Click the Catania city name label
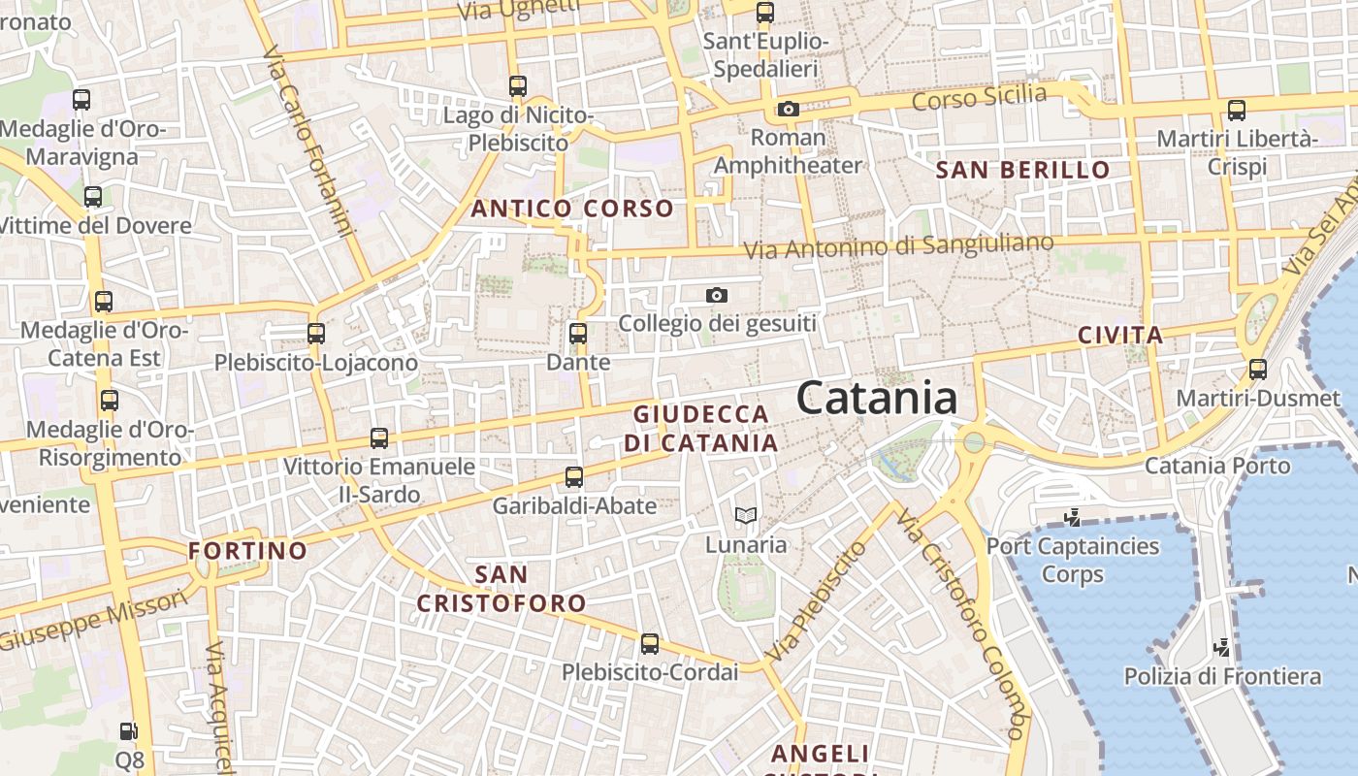[x=877, y=399]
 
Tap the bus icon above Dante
[x=578, y=334]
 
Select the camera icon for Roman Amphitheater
[x=788, y=109]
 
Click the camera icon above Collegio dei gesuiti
[x=717, y=295]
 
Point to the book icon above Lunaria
[x=745, y=515]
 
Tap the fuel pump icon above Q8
[x=128, y=731]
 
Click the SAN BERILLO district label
[x=1022, y=170]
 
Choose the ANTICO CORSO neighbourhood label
[x=572, y=208]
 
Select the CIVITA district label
[x=1120, y=336]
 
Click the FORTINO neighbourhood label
[x=247, y=551]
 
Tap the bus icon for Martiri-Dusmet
[x=1258, y=370]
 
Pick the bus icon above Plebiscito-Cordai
[x=650, y=643]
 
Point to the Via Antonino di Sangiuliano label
[x=898, y=245]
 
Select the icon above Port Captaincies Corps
[x=1072, y=518]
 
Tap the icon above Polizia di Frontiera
[x=1222, y=647]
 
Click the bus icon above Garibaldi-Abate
[x=574, y=476]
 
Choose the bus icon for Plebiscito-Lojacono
[x=315, y=334]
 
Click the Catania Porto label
[x=1217, y=466]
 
